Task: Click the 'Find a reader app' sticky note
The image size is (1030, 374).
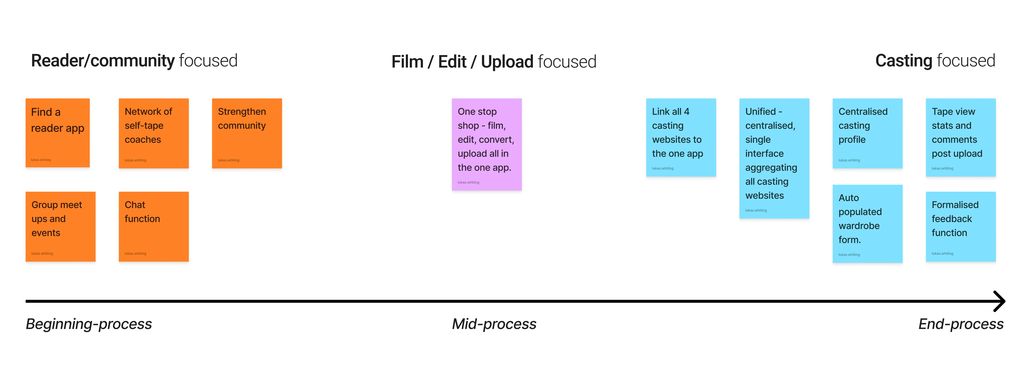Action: [58, 133]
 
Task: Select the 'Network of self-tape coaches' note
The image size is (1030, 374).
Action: [153, 133]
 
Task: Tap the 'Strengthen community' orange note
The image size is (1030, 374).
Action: [247, 133]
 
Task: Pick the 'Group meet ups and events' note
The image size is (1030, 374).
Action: [60, 226]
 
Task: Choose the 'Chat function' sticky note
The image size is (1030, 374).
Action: [153, 226]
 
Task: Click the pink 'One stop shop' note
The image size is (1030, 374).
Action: [487, 144]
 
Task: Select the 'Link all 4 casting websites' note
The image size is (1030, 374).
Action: [681, 137]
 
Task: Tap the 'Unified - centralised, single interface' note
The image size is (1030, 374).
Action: [774, 158]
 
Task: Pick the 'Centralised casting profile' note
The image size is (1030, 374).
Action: [867, 133]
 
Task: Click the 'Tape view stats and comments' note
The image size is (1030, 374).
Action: [960, 137]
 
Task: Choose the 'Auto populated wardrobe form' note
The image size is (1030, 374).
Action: [867, 223]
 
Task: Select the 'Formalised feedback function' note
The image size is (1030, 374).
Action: [960, 226]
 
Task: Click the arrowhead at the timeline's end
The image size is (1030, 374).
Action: [1000, 301]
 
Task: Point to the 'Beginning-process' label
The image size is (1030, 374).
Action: [89, 324]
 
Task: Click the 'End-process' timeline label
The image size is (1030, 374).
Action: [960, 324]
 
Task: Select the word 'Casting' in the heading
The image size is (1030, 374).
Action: [903, 61]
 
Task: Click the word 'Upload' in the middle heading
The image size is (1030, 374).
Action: [507, 62]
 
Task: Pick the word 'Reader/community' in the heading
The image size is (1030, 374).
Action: [103, 61]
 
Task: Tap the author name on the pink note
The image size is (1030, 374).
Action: [468, 182]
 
